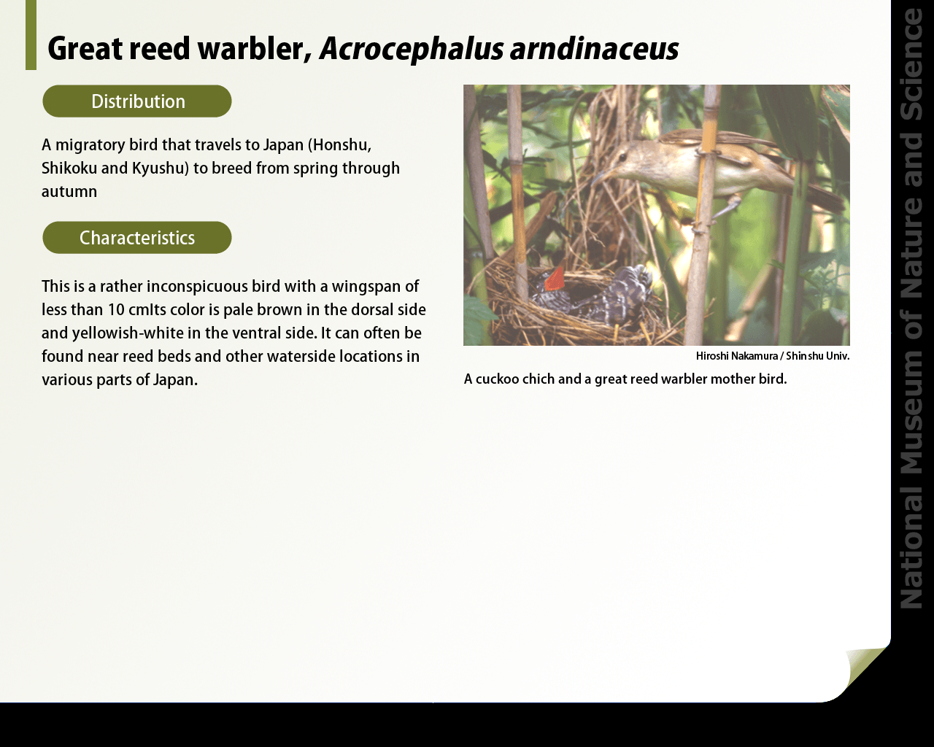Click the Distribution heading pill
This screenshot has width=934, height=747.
(x=137, y=101)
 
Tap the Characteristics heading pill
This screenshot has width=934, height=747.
(x=137, y=237)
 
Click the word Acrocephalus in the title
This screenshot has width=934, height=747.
(x=411, y=49)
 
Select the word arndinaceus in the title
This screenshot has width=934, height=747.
(x=594, y=49)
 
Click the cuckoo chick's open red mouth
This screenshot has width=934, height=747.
(x=555, y=279)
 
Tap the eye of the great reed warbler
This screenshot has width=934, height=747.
(x=624, y=157)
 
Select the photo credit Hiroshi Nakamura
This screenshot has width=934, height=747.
(x=736, y=356)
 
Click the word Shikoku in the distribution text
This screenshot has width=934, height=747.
(x=69, y=169)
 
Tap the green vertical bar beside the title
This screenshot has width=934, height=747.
(x=31, y=35)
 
